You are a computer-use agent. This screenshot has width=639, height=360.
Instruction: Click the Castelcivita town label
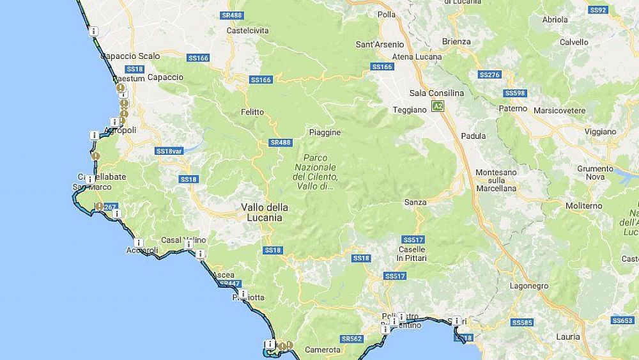click(248, 30)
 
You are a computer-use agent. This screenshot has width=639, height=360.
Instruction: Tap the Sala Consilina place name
click(437, 93)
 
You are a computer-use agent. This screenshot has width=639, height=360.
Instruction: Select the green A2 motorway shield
click(437, 106)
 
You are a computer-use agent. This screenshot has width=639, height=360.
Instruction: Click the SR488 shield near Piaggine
click(280, 143)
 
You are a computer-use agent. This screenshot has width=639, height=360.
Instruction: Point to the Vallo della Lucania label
click(265, 212)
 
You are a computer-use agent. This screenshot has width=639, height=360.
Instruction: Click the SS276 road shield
click(489, 75)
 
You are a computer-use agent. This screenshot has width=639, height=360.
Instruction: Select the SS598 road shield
click(514, 93)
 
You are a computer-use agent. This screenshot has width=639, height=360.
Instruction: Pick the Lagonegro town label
click(528, 286)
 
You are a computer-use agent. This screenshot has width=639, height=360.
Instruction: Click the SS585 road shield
click(522, 322)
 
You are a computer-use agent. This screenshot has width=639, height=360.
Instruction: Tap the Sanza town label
click(415, 202)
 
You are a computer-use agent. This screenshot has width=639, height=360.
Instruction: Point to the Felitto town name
click(252, 112)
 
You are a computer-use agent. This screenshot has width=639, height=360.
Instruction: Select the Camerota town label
click(323, 350)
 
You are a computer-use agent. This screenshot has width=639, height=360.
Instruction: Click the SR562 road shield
click(351, 339)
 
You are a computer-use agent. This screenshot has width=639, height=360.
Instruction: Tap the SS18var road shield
click(169, 152)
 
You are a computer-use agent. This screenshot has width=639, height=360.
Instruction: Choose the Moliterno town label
click(583, 206)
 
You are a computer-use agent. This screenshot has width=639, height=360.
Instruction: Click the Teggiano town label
click(410, 109)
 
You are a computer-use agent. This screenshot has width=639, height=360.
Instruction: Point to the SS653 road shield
click(622, 320)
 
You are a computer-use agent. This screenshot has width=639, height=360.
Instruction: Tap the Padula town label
click(473, 136)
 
